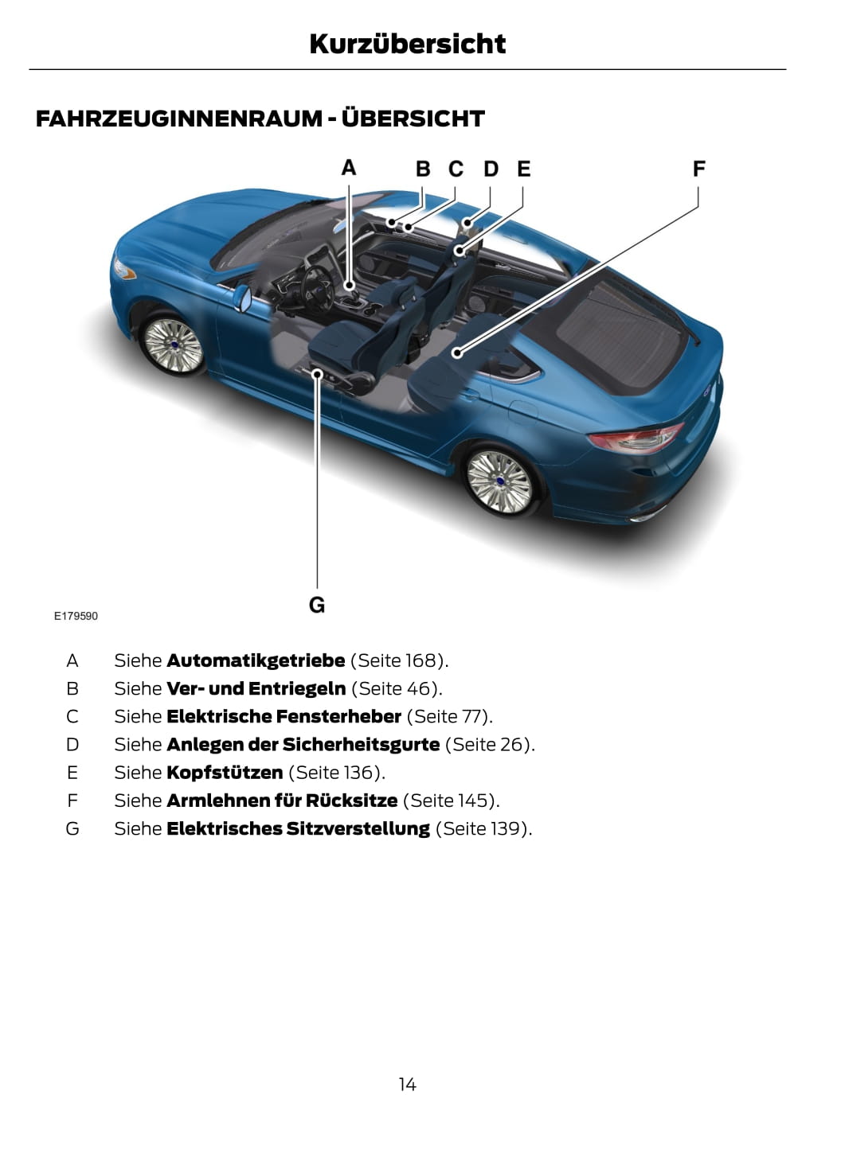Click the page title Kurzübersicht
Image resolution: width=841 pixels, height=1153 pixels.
click(x=407, y=44)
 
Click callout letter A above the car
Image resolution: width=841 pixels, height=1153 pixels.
click(x=349, y=168)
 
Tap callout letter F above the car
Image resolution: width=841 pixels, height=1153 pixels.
click(x=698, y=169)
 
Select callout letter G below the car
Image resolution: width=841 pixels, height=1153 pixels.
click(x=317, y=605)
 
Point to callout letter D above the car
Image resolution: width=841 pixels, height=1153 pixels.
click(x=491, y=169)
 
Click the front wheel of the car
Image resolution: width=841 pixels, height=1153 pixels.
click(x=173, y=345)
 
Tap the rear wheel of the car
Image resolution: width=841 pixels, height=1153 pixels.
click(x=499, y=482)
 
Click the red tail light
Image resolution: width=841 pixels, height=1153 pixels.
click(x=637, y=438)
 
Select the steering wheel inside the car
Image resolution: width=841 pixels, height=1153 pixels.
click(x=318, y=290)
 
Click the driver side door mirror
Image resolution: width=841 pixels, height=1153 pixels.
click(x=242, y=298)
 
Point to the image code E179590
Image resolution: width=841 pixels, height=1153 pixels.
click(x=76, y=616)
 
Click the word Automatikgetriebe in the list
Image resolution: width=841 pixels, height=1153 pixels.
click(x=256, y=661)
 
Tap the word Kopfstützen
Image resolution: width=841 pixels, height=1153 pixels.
click(x=225, y=773)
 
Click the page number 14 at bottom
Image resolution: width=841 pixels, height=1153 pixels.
click(x=407, y=1085)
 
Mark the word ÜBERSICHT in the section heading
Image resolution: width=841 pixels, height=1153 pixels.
click(x=413, y=119)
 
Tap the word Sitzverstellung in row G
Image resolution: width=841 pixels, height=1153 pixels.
click(x=358, y=828)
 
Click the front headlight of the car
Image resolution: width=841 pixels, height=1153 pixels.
click(x=123, y=269)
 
